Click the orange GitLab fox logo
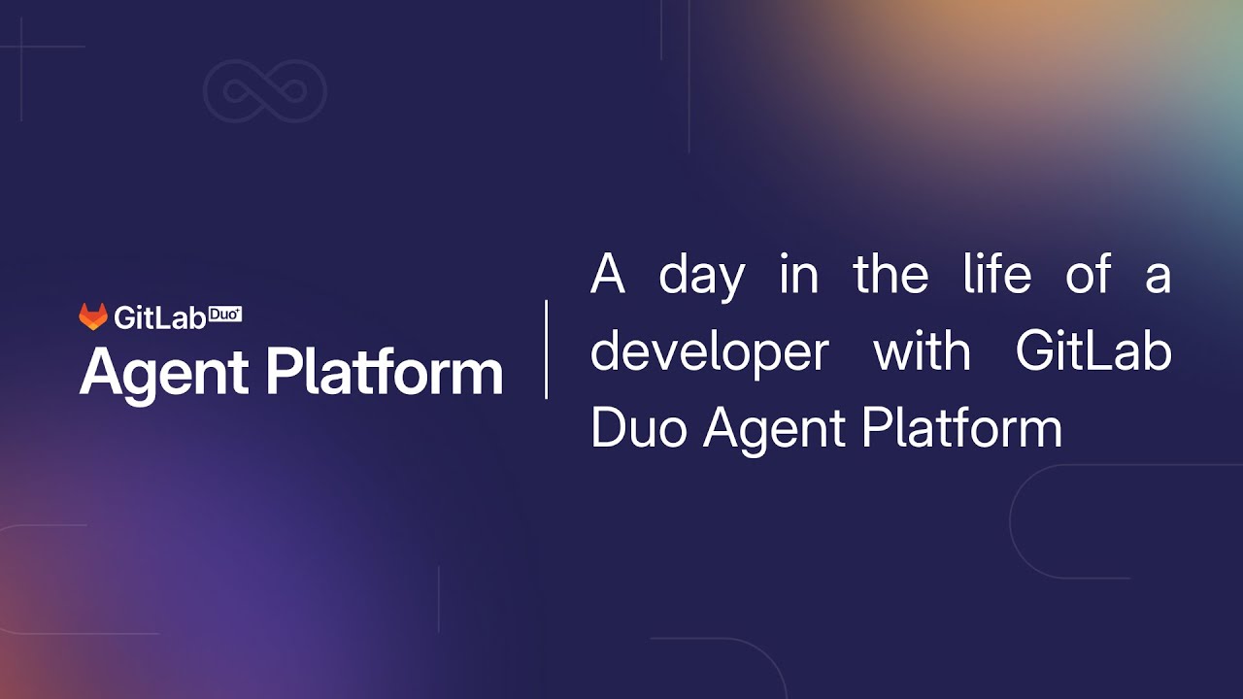point(93,316)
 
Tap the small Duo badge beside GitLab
point(225,314)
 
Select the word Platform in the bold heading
point(385,373)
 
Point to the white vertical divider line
point(547,349)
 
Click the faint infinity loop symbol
point(264,92)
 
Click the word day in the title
point(701,275)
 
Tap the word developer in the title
point(709,351)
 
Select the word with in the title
point(922,351)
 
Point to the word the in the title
point(891,275)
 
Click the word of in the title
point(1087,275)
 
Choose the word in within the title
point(798,275)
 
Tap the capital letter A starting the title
point(607,275)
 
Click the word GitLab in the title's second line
point(1093,351)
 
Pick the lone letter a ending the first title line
point(1158,277)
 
